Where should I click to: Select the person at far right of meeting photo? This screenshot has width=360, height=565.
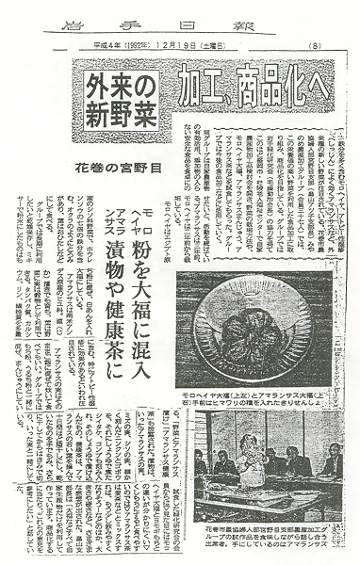tap(330, 461)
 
